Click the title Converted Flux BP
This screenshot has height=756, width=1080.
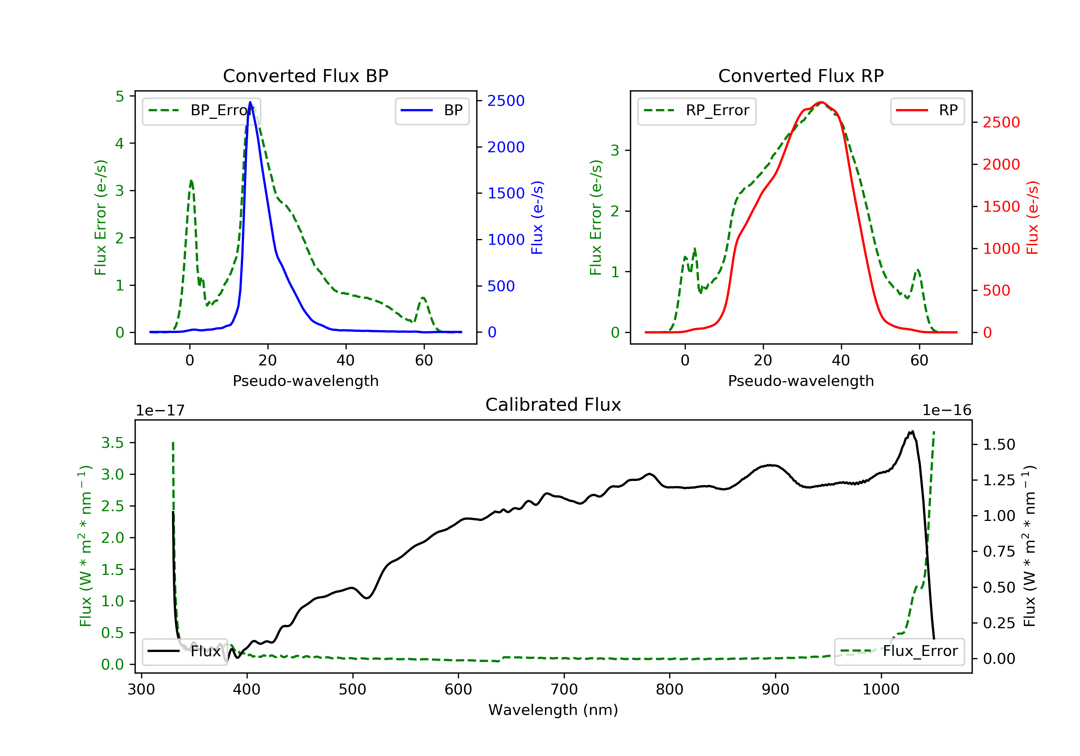305,76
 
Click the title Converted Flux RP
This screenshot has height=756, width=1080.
801,76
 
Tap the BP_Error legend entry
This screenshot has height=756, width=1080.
201,111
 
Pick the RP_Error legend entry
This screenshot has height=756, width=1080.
697,111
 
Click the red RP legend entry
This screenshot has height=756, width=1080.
927,111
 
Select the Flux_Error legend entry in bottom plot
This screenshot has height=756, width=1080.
899,651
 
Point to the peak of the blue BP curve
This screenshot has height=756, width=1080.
250,102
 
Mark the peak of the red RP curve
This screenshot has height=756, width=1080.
821,102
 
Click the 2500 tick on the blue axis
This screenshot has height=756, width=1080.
506,101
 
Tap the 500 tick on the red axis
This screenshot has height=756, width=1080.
996,291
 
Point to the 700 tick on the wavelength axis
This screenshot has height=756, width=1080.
564,690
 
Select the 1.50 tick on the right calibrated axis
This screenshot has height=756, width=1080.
999,445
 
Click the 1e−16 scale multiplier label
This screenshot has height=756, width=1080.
946,410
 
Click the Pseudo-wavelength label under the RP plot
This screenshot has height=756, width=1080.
801,381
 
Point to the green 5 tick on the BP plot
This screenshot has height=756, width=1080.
120,96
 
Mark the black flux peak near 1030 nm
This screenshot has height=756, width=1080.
912,432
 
